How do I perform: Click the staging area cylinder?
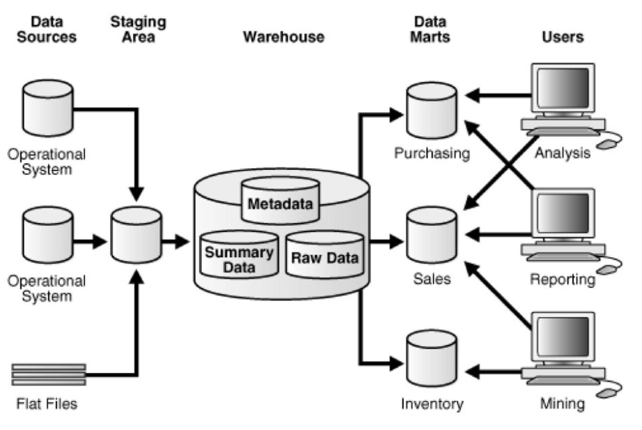click(x=136, y=239)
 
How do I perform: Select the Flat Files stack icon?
click(x=49, y=374)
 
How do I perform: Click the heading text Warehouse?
click(x=283, y=37)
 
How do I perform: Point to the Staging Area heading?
click(x=138, y=29)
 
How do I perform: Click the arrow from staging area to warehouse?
click(x=175, y=242)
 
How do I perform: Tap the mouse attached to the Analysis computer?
click(x=608, y=144)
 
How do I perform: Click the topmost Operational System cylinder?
click(x=47, y=109)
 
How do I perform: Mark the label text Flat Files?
click(x=48, y=404)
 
